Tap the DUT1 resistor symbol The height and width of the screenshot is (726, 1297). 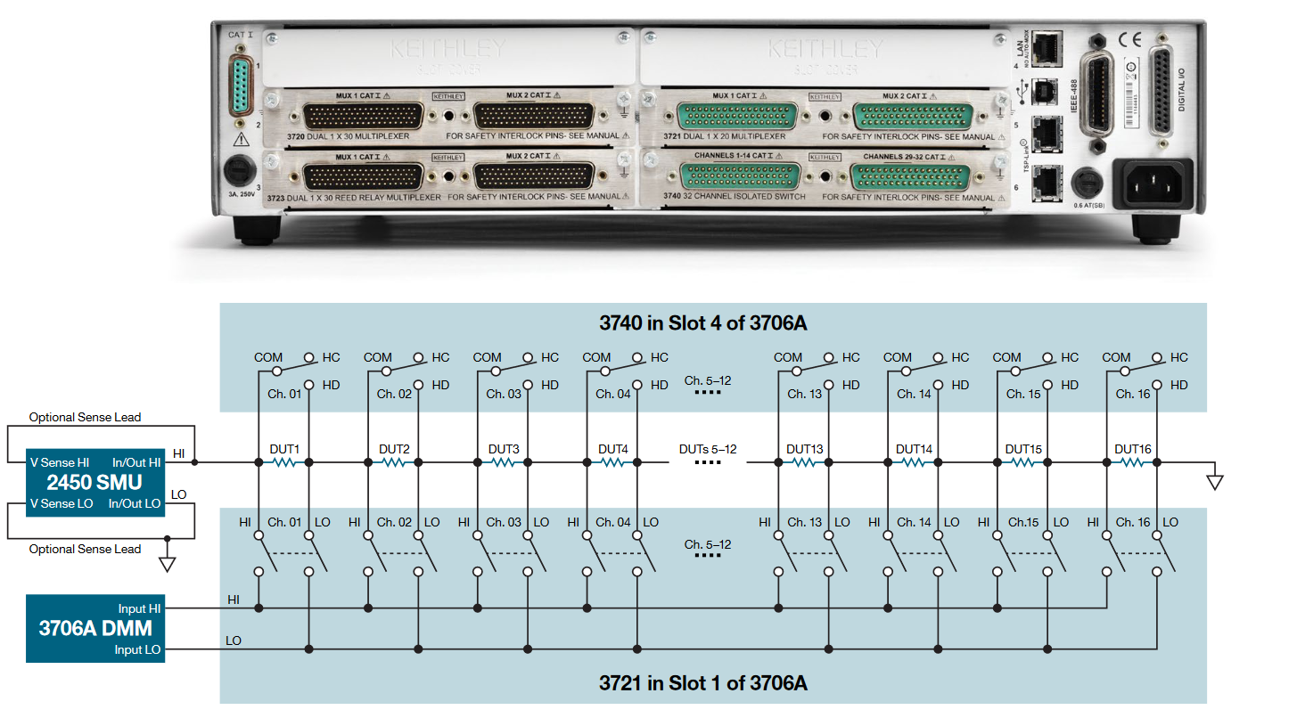point(283,462)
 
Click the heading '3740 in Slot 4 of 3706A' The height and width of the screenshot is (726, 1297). point(702,322)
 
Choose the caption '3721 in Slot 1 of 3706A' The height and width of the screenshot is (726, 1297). point(702,683)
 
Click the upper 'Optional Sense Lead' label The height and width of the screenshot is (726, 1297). point(85,417)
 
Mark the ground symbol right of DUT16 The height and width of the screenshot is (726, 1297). point(1214,482)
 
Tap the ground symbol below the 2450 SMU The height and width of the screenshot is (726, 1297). point(167,563)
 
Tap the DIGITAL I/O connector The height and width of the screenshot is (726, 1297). point(1162,91)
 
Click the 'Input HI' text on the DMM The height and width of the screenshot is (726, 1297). point(139,608)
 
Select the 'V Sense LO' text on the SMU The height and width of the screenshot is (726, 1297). point(60,503)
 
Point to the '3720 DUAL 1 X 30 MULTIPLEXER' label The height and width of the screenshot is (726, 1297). point(350,137)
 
